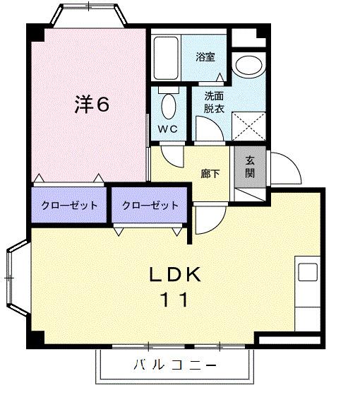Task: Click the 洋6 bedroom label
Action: pos(92,105)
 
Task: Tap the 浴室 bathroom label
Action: pos(205,57)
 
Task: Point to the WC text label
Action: pos(167,129)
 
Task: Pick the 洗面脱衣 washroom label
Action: pos(215,103)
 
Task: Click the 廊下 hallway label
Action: pos(210,173)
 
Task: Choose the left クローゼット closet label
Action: pos(68,206)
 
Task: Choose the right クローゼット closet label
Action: pos(150,206)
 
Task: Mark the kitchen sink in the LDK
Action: pos(307,273)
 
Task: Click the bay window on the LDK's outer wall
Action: pos(16,276)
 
